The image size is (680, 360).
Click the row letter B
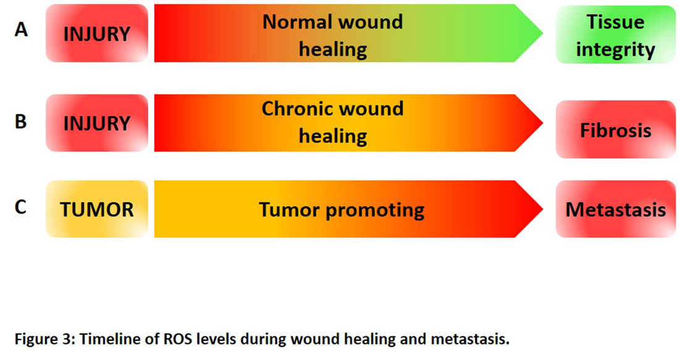[20, 121]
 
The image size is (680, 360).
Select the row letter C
[20, 207]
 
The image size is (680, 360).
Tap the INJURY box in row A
[97, 33]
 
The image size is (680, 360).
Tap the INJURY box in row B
[97, 123]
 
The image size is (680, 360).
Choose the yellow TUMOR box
[97, 209]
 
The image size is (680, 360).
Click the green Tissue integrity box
[615, 35]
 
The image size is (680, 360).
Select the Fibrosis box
[615, 130]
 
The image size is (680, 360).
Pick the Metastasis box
[615, 209]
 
